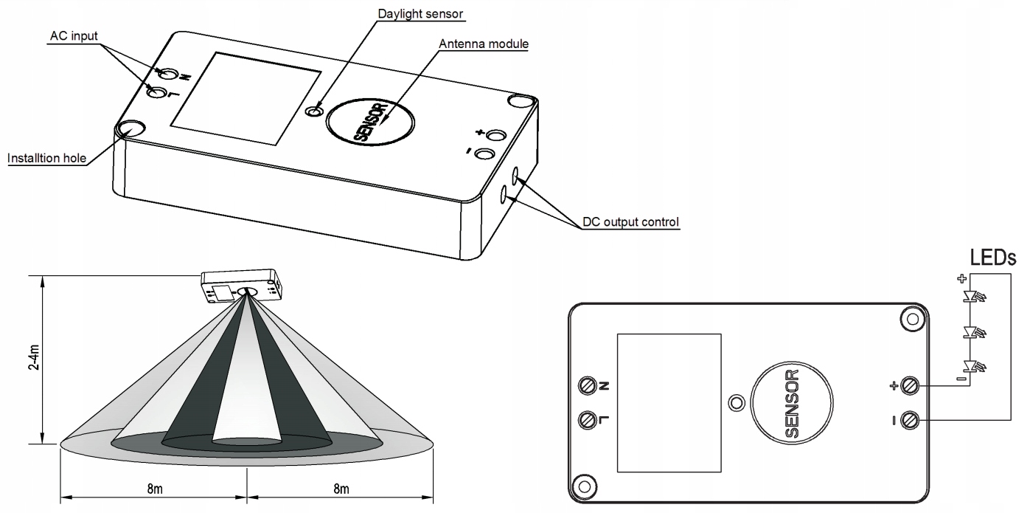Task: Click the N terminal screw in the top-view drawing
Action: [x=588, y=385]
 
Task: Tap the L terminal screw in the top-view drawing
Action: [x=588, y=419]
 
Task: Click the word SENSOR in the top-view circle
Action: [x=791, y=404]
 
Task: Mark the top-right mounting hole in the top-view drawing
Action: [x=911, y=319]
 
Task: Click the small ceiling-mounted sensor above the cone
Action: [x=241, y=286]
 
